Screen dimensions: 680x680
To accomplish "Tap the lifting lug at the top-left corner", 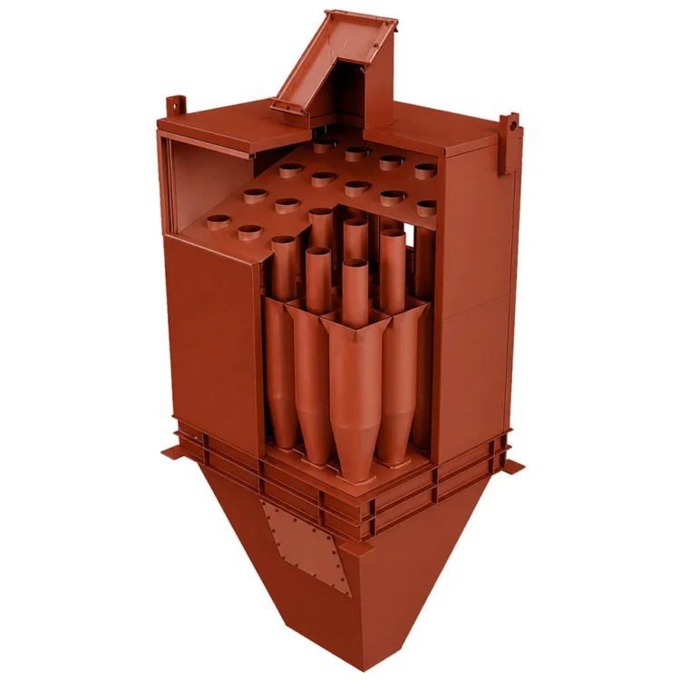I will pyautogui.click(x=175, y=106).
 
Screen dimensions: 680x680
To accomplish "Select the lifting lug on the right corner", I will pyautogui.click(x=513, y=126).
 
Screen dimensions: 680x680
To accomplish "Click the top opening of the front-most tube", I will pyautogui.click(x=355, y=265).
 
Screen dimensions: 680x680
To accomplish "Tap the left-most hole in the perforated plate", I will pyautogui.click(x=218, y=220).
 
